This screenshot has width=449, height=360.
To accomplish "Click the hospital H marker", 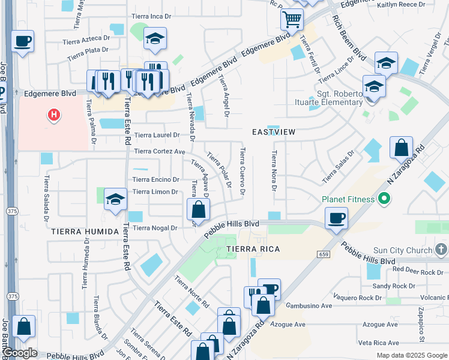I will tap(54, 114).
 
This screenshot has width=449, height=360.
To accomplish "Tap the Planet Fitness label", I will tap(348, 199).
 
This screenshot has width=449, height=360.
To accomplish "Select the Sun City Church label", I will tap(402, 250).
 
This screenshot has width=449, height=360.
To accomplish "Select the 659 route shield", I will tap(322, 254).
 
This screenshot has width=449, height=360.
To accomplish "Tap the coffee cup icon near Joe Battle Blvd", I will tap(22, 41).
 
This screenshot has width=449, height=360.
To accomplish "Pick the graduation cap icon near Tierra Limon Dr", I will tap(115, 200).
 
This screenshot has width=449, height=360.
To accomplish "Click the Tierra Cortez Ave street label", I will tap(160, 151).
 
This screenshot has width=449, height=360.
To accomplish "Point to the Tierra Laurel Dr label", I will tap(157, 135).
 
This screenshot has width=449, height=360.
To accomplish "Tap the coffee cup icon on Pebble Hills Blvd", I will tap(337, 217).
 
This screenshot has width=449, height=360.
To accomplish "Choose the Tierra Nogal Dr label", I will tap(155, 228).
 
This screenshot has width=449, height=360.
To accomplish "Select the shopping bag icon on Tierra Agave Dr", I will tap(198, 209).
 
